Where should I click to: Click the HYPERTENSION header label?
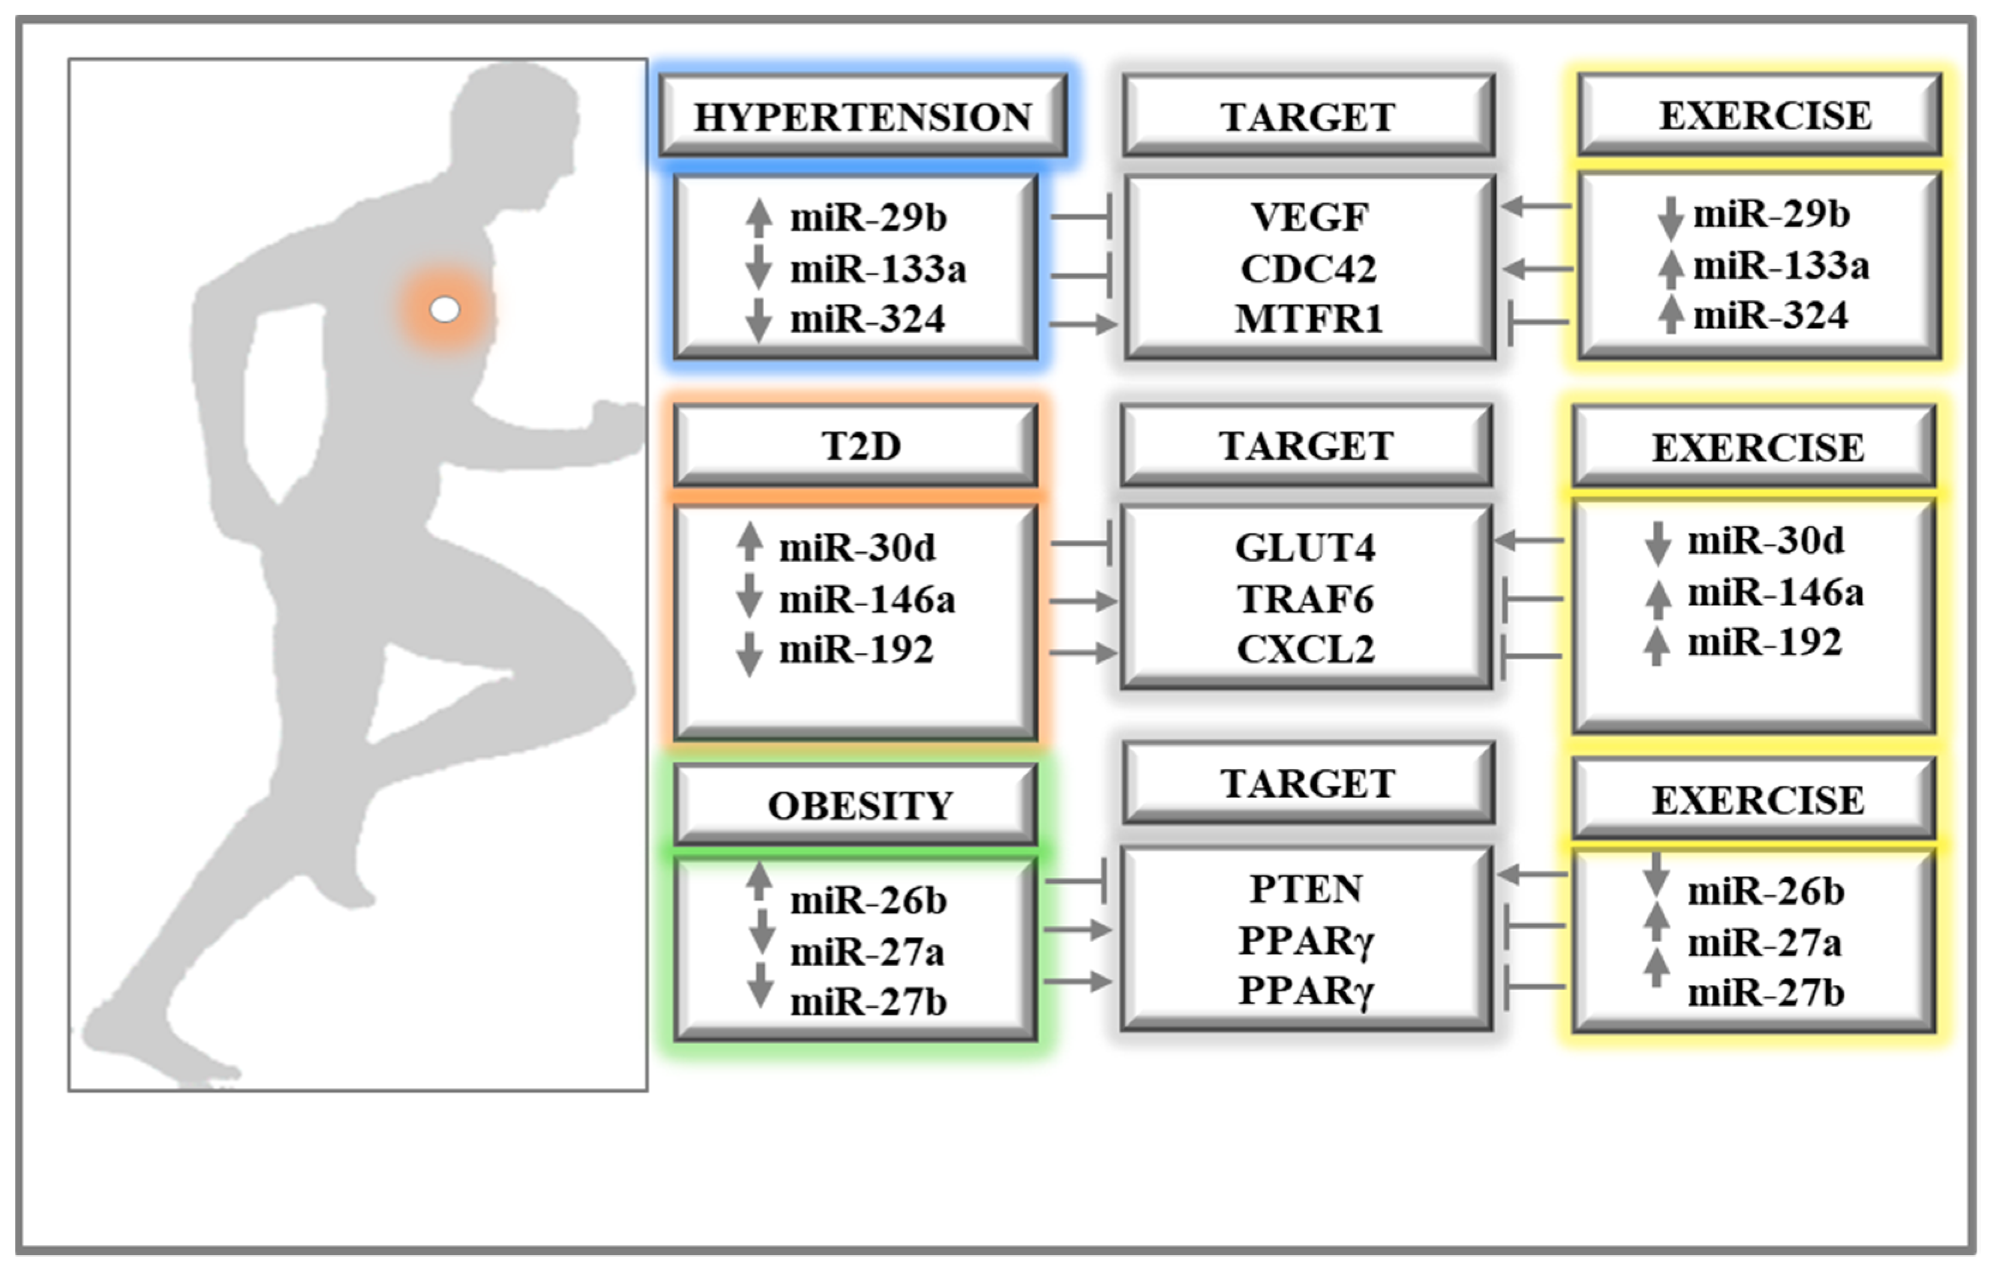click(x=863, y=116)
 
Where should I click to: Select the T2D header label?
click(x=861, y=446)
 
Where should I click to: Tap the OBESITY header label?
click(x=860, y=805)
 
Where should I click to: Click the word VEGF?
click(x=1309, y=217)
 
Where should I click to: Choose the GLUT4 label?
click(x=1305, y=547)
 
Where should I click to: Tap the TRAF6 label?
click(x=1305, y=600)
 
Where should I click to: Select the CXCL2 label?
click(x=1305, y=650)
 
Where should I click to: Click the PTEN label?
click(x=1306, y=889)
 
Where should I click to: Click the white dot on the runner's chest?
click(x=445, y=310)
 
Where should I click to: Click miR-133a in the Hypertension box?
click(x=877, y=269)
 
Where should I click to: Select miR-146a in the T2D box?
click(x=867, y=600)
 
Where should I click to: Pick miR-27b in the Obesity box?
click(x=868, y=1002)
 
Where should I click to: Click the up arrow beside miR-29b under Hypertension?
click(x=758, y=216)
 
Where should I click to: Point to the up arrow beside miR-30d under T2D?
click(x=749, y=543)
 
